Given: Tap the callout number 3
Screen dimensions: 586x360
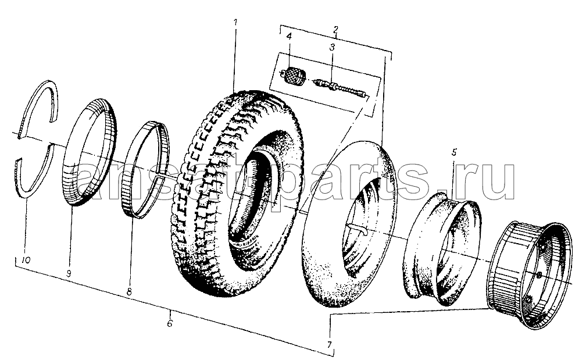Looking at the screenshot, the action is click(332, 48).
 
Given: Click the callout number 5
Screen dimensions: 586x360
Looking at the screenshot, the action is click(453, 152).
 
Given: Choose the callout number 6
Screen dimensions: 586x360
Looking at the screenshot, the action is click(170, 323).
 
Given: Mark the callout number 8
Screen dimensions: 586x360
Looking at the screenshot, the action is click(129, 292).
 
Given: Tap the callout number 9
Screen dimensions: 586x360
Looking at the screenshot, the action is click(69, 274).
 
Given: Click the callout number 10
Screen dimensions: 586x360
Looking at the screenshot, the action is click(26, 260).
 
